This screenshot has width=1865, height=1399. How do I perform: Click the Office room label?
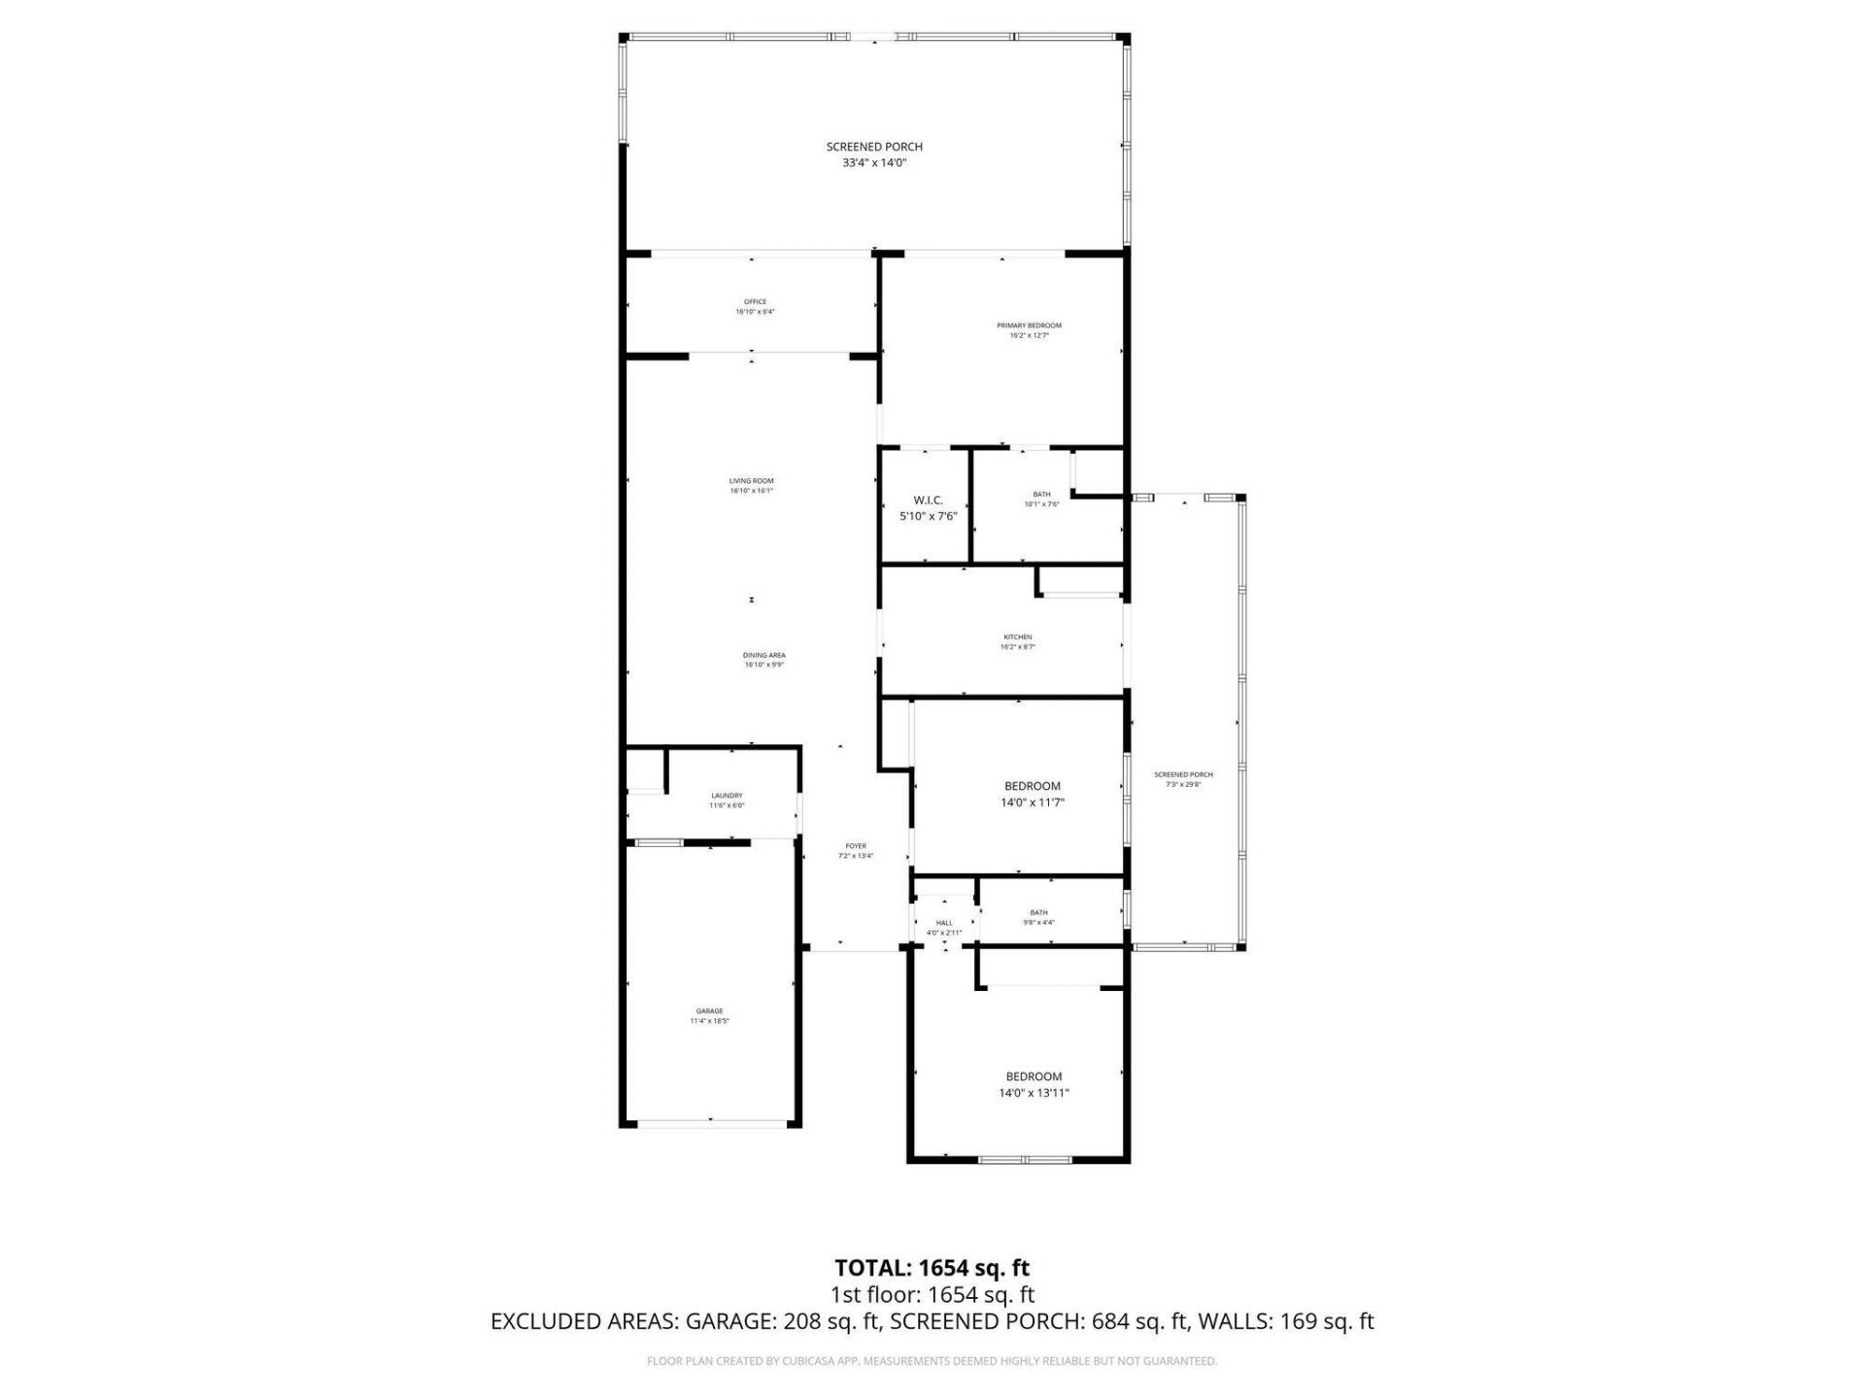coord(755,302)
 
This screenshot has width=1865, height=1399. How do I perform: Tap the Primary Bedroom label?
coord(1029,325)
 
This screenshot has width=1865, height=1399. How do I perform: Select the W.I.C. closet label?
coord(928,500)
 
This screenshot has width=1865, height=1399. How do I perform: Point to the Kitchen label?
coord(1017,637)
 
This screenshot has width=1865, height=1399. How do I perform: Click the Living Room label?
coord(751,481)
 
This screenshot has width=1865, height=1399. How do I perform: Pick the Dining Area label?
coord(763,656)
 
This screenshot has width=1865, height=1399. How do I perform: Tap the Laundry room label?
coord(727,796)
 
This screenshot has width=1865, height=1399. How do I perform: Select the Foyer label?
coord(856,846)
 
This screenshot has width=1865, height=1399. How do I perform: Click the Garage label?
coord(709,1011)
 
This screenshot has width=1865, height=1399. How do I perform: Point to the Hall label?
coord(944,923)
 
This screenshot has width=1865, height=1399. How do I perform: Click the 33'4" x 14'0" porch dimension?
coord(874,163)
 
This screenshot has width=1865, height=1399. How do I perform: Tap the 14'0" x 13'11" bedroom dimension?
coord(1034,1093)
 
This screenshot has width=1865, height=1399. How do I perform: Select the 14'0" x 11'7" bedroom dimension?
coord(1032,802)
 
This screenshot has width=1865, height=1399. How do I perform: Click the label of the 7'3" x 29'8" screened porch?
coord(1183,775)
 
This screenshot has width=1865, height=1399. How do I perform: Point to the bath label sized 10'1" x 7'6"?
coord(1041,495)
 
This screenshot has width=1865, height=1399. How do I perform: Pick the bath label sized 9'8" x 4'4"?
coord(1038,912)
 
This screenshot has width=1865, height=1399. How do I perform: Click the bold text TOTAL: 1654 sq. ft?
coord(932,1268)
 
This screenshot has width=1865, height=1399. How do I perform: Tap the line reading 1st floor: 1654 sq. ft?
coord(932,1295)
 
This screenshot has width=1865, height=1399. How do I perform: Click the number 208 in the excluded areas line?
coord(801,1321)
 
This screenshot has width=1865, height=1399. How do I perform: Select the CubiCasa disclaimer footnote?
coord(932,1361)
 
